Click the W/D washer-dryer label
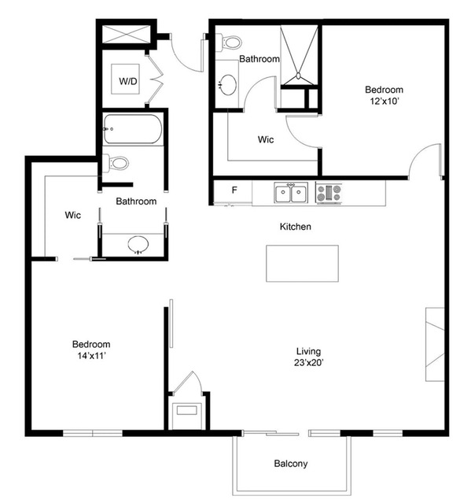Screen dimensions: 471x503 point(128,81)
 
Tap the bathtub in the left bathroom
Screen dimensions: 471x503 point(133,128)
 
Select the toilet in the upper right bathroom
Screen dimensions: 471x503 point(230,43)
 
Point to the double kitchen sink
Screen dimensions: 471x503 point(291,192)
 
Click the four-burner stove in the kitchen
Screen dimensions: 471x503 point(329,193)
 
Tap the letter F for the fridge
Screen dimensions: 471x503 point(234,190)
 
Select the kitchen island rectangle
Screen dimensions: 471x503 point(302,264)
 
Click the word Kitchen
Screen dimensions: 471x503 point(296,227)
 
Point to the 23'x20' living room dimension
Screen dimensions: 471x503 point(309,363)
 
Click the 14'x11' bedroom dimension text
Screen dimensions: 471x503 point(92,356)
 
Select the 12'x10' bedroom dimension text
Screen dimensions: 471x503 point(385,102)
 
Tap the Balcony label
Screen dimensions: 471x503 point(291,464)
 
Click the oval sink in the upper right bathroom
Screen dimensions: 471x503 point(228,85)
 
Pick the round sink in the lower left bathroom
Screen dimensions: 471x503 point(138,245)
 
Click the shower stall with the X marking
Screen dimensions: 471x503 point(299,56)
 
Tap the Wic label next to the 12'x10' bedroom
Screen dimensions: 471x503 point(266,139)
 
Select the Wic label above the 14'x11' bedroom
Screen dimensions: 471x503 point(72,215)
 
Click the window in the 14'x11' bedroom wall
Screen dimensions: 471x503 point(93,433)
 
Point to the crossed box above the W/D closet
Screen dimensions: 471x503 point(126,34)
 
